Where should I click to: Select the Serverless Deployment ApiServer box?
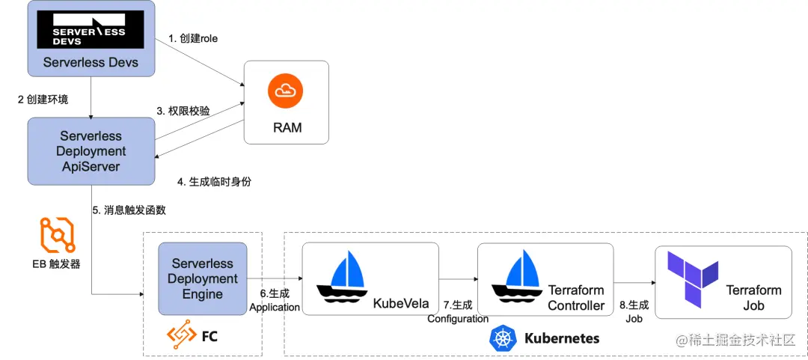91,151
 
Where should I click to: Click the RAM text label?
287,127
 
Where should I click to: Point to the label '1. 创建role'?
193,38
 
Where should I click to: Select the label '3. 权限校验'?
183,110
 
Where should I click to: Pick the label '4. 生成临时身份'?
209,181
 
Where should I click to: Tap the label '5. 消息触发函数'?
129,210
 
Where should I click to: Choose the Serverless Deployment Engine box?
202,278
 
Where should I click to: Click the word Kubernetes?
562,338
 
